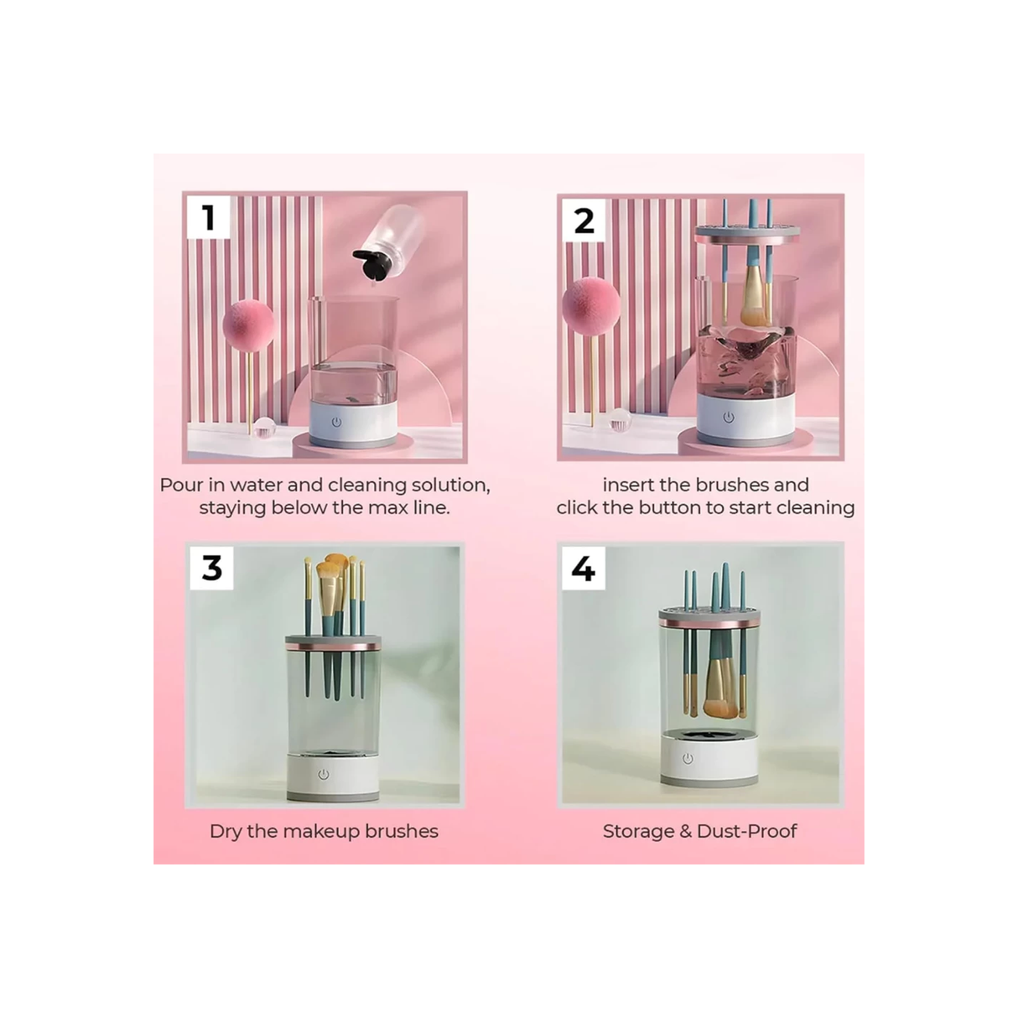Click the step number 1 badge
coord(209,217)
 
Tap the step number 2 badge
coord(584,221)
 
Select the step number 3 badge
coord(211,568)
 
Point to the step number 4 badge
coord(583,569)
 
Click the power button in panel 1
coord(336,422)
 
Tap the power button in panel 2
coord(728,417)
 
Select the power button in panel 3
coord(324,774)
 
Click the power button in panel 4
coord(688,758)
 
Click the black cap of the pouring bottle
coord(373,262)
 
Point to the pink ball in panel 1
coord(249,325)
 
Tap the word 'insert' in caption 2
coord(628,485)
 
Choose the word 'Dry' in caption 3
coord(226,831)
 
